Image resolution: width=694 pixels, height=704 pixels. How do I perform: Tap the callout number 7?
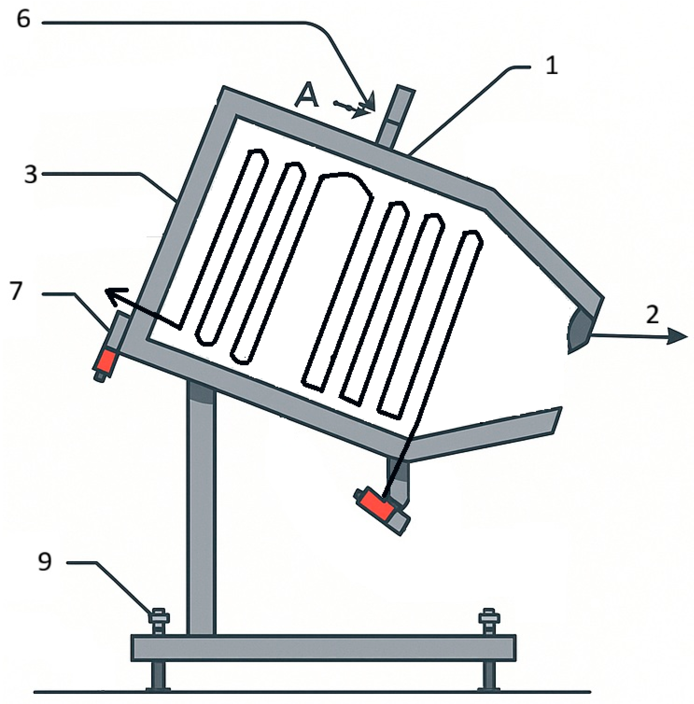[15, 291]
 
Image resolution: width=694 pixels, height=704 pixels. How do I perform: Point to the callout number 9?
[45, 561]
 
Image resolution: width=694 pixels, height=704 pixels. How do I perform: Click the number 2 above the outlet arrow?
[652, 314]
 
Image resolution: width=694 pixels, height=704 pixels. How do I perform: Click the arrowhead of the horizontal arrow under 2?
[677, 336]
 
